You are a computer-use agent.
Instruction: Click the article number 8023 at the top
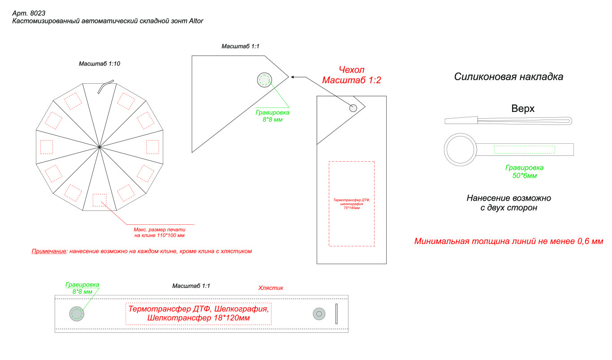click(x=38, y=13)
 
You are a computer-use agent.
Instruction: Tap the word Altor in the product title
click(x=196, y=21)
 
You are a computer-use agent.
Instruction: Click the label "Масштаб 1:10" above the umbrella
click(x=99, y=64)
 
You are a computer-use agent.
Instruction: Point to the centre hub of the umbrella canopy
click(x=99, y=147)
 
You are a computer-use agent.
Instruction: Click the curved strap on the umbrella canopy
click(x=105, y=86)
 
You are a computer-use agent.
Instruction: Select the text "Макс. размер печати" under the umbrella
click(x=159, y=230)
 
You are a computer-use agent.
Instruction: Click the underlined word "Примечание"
click(x=49, y=251)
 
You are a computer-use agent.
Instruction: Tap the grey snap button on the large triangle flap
click(x=264, y=80)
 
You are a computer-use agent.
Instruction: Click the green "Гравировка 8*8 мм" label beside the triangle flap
click(x=272, y=116)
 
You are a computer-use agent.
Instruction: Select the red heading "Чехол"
click(x=352, y=70)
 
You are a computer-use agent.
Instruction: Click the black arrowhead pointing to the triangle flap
click(x=293, y=77)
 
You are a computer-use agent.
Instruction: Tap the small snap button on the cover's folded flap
click(x=353, y=108)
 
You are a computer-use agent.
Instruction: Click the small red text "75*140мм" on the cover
click(x=352, y=208)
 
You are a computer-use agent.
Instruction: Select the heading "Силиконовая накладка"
click(x=509, y=77)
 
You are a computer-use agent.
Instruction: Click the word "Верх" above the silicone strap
click(x=523, y=108)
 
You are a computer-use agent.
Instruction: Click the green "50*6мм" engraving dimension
click(x=524, y=176)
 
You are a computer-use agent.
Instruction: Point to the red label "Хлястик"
click(x=271, y=288)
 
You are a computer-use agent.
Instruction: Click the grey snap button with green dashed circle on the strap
click(x=77, y=314)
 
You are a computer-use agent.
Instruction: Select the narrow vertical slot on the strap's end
click(x=336, y=314)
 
